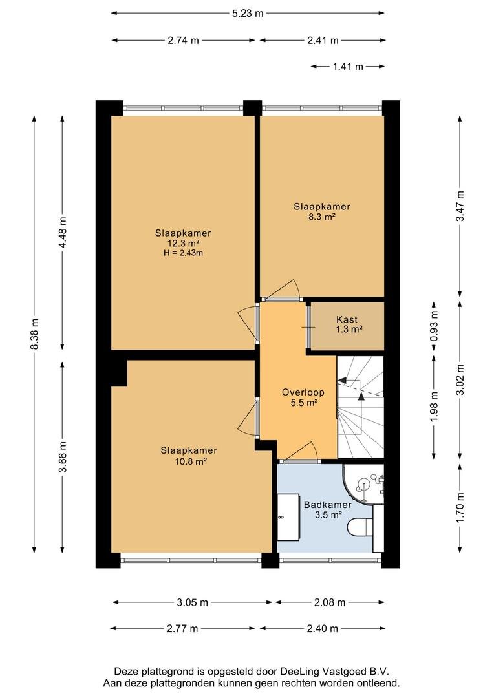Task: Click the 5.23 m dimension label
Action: (x=248, y=14)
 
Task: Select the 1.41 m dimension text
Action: (x=348, y=67)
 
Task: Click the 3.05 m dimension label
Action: (x=193, y=603)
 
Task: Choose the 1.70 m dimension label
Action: (x=460, y=507)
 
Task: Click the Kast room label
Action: (x=347, y=319)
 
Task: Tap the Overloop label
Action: (x=303, y=392)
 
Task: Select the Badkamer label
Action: (x=328, y=505)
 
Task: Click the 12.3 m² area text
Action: (x=183, y=244)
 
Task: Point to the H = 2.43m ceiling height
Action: (x=183, y=253)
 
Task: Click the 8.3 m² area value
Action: (x=321, y=217)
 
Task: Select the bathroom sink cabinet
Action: (x=288, y=517)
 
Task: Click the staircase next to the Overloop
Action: (x=360, y=407)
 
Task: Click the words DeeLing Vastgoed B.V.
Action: (x=334, y=672)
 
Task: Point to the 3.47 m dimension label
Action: (x=460, y=206)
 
